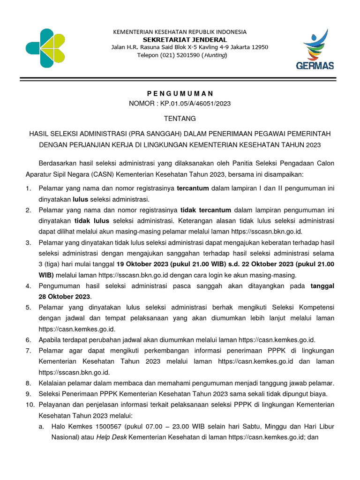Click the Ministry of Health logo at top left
[x=46, y=47]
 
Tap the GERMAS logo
[x=315, y=49]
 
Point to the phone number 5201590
[x=187, y=55]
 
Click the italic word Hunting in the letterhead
[x=214, y=55]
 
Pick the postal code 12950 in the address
[x=259, y=47]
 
